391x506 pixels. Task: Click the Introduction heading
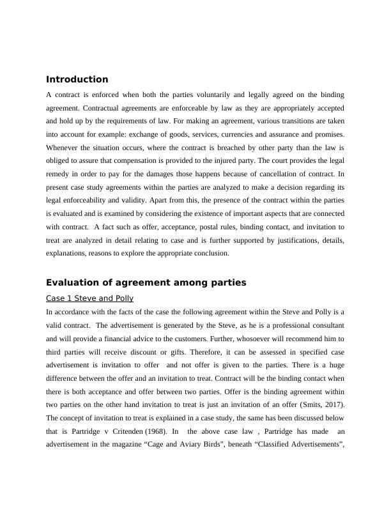[77, 80]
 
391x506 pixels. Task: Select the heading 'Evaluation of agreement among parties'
[146, 282]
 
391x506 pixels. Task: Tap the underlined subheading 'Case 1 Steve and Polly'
[89, 298]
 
